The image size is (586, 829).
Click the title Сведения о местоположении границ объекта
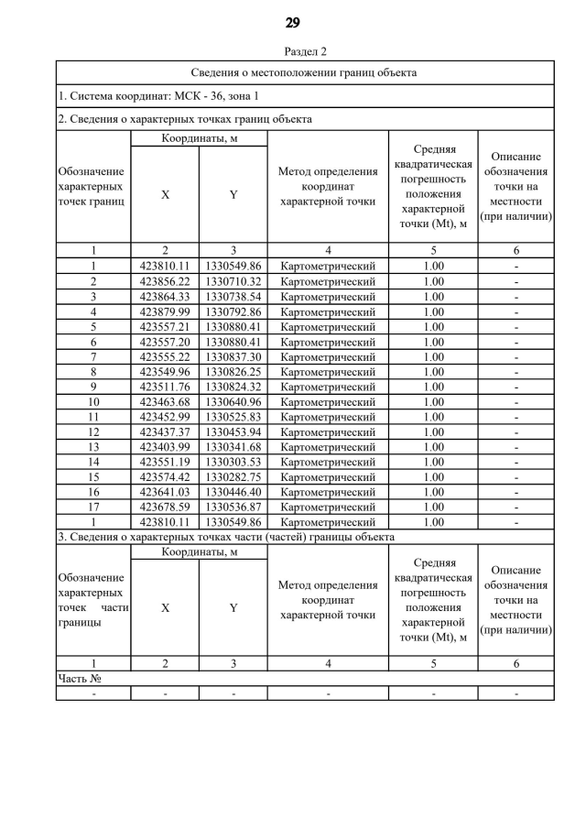[305, 72]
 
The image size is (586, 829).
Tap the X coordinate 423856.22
[165, 281]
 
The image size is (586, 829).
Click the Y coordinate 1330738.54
[233, 297]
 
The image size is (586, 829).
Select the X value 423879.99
[165, 311]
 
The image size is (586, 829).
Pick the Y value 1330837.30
[233, 356]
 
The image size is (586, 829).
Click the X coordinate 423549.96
[165, 372]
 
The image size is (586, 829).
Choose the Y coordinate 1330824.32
[233, 387]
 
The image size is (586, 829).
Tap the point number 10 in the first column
[93, 402]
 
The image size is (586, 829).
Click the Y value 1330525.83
[233, 417]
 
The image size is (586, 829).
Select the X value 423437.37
[165, 432]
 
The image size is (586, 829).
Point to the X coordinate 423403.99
[165, 447]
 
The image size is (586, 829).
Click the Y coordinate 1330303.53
[233, 462]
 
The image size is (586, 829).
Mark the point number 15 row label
[93, 477]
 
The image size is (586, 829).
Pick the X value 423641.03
[165, 492]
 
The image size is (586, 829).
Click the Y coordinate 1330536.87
[233, 507]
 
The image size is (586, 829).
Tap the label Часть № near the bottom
[79, 679]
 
